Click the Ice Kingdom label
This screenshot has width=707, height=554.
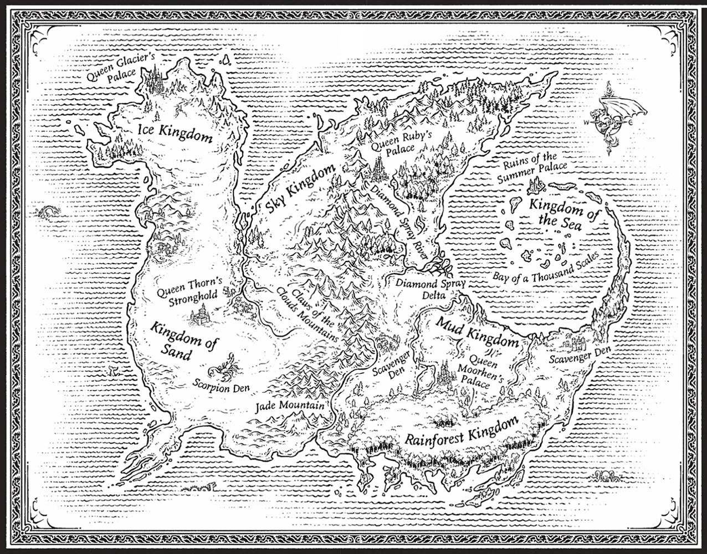[175, 133]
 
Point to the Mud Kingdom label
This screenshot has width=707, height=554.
[477, 332]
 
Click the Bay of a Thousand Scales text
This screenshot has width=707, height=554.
[545, 269]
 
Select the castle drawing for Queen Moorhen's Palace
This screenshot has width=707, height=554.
[444, 375]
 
